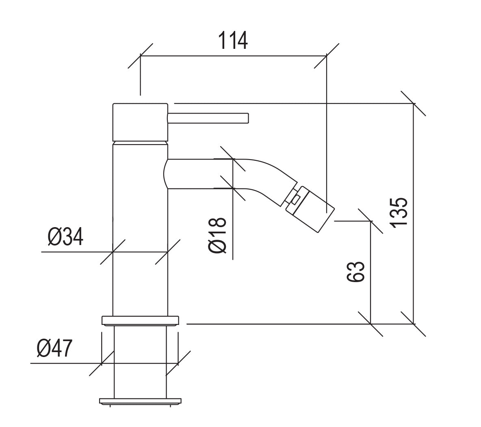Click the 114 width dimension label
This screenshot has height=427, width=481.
click(x=233, y=41)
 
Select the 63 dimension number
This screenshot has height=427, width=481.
click(x=356, y=272)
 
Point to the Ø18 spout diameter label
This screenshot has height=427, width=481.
click(x=217, y=235)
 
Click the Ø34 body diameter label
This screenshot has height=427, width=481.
click(x=66, y=237)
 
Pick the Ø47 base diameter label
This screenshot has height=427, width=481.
click(x=54, y=348)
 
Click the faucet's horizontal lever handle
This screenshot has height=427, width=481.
click(x=208, y=118)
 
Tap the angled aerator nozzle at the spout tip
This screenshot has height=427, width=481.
click(x=310, y=209)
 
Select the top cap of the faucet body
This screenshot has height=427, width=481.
click(x=141, y=123)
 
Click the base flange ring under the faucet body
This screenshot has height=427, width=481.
click(x=140, y=320)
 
